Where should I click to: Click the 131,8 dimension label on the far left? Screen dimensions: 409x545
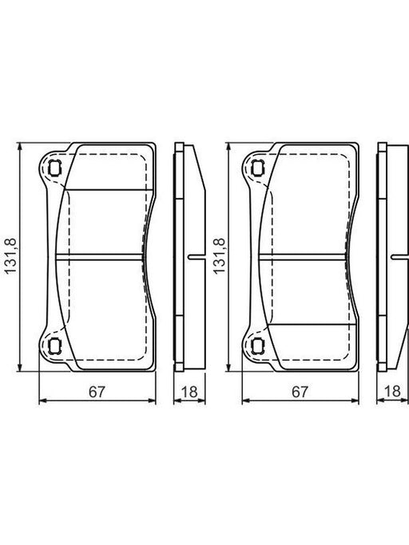click(10, 256)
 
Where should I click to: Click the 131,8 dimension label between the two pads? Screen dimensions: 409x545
click(220, 256)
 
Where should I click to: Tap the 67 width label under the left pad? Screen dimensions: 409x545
click(97, 392)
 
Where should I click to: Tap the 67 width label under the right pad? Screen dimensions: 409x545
click(300, 392)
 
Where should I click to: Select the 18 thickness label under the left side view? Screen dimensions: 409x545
click(189, 392)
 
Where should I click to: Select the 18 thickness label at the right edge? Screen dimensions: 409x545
click(393, 391)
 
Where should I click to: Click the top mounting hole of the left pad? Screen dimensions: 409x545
click(54, 168)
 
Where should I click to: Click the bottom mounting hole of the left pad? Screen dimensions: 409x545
click(54, 346)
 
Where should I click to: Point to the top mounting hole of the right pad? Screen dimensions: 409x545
click(257, 168)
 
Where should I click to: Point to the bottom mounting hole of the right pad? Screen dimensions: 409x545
click(257, 346)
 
